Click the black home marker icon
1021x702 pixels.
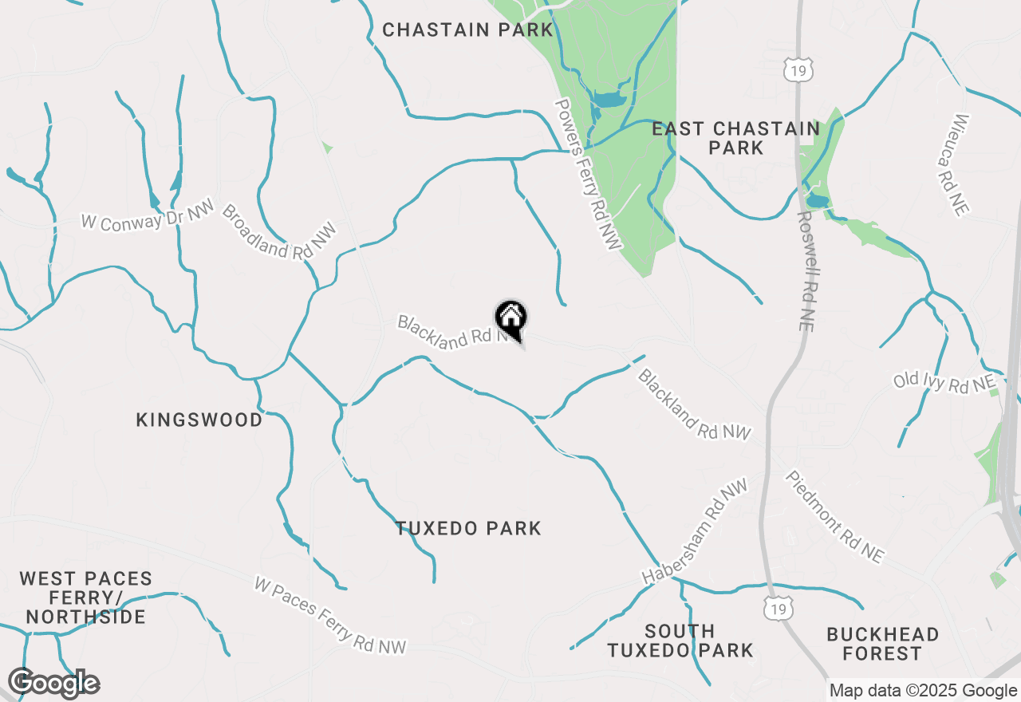pyautogui.click(x=511, y=319)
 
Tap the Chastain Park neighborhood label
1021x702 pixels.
pyautogui.click(x=467, y=30)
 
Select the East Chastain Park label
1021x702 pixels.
pyautogui.click(x=735, y=138)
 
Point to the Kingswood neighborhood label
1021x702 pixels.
pyautogui.click(x=199, y=420)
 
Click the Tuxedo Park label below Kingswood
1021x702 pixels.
pyautogui.click(x=468, y=528)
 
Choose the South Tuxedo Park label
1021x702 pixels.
pyautogui.click(x=680, y=641)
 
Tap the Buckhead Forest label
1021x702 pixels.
pyautogui.click(x=882, y=644)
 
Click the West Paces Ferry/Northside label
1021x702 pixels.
pyautogui.click(x=85, y=597)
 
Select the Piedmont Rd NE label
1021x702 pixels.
pyautogui.click(x=834, y=517)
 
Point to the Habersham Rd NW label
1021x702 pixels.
pyautogui.click(x=695, y=531)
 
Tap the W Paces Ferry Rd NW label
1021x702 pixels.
pyautogui.click(x=329, y=615)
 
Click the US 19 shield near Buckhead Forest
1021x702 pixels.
pyautogui.click(x=777, y=608)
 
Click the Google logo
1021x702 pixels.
pyautogui.click(x=53, y=684)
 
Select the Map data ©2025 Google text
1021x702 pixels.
pyautogui.click(x=923, y=691)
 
